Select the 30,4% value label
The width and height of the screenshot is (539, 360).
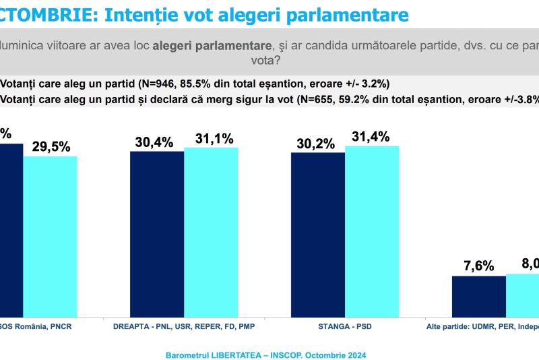click(x=154, y=142)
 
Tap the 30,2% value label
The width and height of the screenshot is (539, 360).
click(x=316, y=144)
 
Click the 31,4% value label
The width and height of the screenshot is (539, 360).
click(x=371, y=137)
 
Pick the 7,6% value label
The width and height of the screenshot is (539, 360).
click(x=480, y=266)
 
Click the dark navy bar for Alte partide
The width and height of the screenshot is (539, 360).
click(x=478, y=296)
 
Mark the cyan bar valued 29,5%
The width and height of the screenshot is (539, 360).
click(x=51, y=237)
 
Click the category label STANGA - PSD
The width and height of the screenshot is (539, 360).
click(x=346, y=327)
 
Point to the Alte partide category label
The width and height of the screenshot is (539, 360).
click(x=482, y=327)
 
